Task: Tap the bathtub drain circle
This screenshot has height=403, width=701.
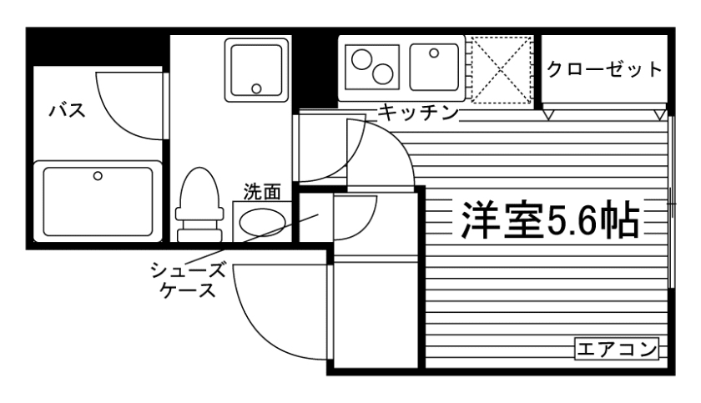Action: click(98, 176)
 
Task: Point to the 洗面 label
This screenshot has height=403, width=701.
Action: click(261, 192)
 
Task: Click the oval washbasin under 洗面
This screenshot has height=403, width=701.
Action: click(262, 221)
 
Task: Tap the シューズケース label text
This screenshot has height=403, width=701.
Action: click(188, 280)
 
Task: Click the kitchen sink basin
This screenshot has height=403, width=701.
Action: click(436, 66)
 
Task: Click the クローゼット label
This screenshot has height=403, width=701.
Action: click(605, 69)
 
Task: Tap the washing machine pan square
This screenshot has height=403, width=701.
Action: click(257, 68)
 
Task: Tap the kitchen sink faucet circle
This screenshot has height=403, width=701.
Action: click(434, 53)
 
